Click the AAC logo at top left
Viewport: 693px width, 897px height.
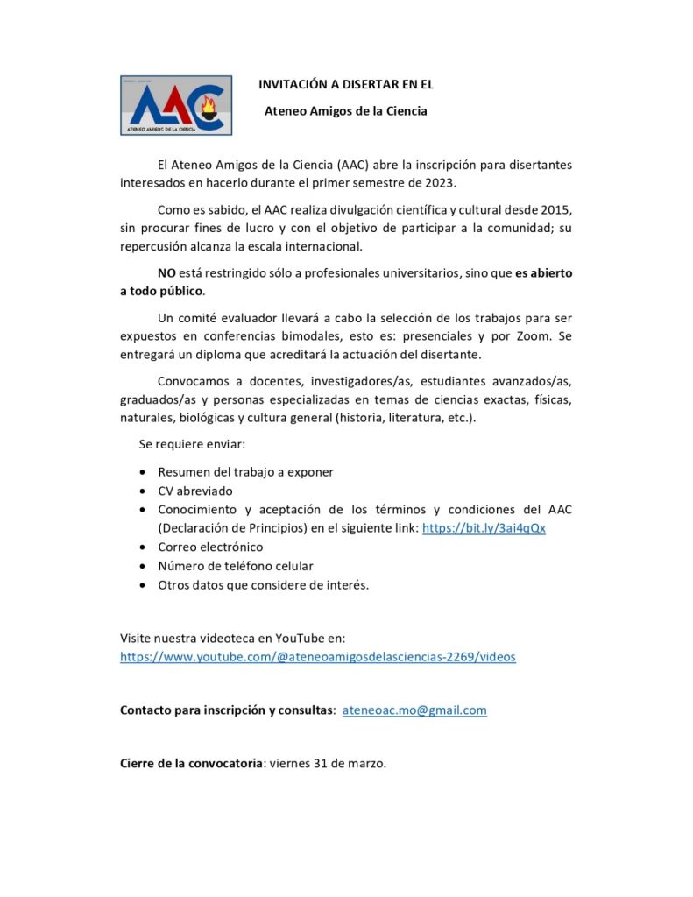pyautogui.click(x=176, y=105)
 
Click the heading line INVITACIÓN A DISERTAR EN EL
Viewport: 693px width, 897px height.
pyautogui.click(x=346, y=85)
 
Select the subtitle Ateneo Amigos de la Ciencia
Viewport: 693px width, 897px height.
pyautogui.click(x=346, y=111)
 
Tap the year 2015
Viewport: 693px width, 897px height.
pyautogui.click(x=556, y=209)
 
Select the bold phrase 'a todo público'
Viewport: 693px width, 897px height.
pyautogui.click(x=161, y=291)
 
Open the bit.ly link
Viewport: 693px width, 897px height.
pyautogui.click(x=484, y=528)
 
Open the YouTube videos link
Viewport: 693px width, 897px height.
pyautogui.click(x=318, y=656)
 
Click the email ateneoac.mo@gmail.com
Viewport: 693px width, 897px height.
pyautogui.click(x=414, y=710)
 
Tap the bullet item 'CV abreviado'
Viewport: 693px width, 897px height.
pyautogui.click(x=195, y=491)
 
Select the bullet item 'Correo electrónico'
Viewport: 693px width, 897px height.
pyautogui.click(x=210, y=547)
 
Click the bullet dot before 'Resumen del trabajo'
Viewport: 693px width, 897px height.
pyautogui.click(x=143, y=472)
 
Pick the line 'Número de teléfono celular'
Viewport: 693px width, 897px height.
pyautogui.click(x=236, y=566)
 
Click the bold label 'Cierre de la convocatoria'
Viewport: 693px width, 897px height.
pyautogui.click(x=191, y=763)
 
